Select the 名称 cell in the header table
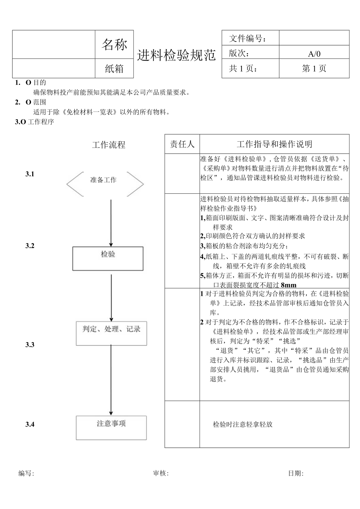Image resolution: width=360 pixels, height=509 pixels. click(114, 45)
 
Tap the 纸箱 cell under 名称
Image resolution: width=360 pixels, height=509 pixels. click(114, 68)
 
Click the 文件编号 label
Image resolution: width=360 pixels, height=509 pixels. click(248, 38)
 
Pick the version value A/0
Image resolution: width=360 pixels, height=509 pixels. click(314, 54)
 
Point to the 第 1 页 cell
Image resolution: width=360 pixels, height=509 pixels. click(314, 68)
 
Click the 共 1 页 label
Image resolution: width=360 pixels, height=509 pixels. click(243, 68)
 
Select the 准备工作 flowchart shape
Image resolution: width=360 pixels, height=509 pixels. click(104, 180)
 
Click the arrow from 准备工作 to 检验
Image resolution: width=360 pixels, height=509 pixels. click(111, 223)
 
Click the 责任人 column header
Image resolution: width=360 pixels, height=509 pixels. click(182, 144)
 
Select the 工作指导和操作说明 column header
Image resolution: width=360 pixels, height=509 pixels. click(274, 144)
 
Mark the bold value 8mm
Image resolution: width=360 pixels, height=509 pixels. click(289, 285)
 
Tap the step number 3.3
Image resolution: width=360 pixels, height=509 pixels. click(30, 345)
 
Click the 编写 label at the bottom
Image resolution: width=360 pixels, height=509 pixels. click(26, 473)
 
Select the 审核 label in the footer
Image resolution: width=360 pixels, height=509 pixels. click(161, 473)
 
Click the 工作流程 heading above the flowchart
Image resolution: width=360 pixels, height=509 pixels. click(109, 145)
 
